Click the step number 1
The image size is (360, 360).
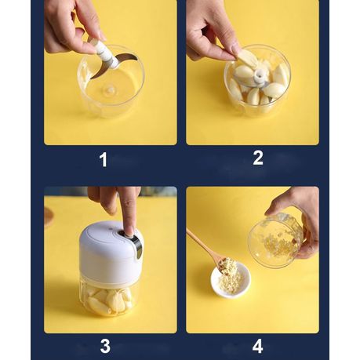tap(104, 160)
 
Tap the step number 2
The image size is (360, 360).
tap(258, 158)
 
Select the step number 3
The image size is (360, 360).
tap(105, 346)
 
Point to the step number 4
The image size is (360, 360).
tap(257, 346)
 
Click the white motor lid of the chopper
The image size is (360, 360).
tap(111, 250)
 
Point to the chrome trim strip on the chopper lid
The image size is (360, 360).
tap(138, 245)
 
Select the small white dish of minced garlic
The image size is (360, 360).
tap(231, 280)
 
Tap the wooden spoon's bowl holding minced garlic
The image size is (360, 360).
tap(226, 266)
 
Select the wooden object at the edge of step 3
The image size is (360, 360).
tap(49, 216)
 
